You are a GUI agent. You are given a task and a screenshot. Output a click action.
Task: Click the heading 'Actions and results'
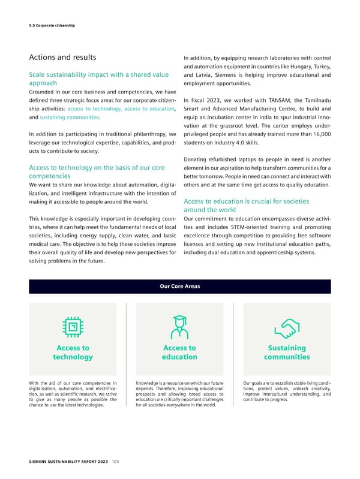click(x=63, y=58)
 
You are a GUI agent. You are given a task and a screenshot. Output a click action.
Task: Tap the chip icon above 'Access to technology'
click(x=73, y=326)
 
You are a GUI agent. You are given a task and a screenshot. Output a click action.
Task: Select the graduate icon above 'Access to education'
click(x=179, y=326)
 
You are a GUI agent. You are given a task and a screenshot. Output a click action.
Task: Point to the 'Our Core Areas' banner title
click(x=179, y=286)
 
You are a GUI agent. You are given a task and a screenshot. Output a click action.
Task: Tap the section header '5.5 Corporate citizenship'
click(x=52, y=25)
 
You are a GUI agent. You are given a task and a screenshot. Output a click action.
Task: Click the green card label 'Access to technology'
click(x=73, y=353)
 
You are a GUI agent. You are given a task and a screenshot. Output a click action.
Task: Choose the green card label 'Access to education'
click(x=179, y=353)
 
